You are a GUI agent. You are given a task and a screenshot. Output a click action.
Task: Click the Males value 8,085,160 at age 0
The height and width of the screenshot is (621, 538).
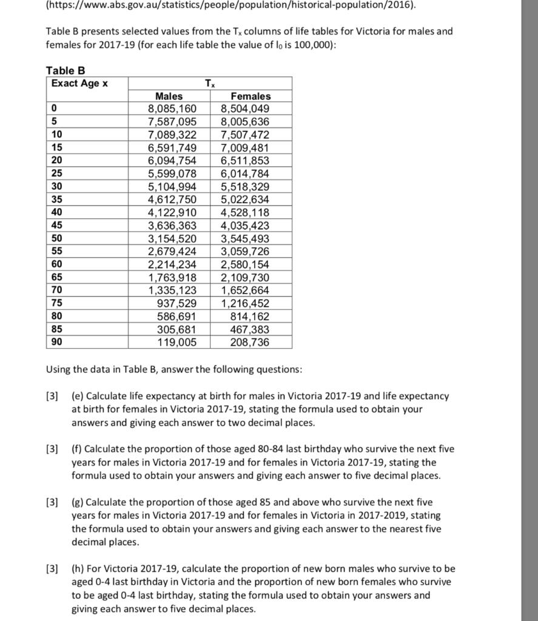[x=172, y=109]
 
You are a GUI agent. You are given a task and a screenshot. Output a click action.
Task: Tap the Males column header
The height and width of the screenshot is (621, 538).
[x=169, y=96]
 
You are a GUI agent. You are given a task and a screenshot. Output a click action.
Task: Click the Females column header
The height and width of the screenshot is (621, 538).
[x=251, y=96]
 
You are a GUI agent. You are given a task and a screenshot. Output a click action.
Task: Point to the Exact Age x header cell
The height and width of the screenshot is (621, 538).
[x=79, y=83]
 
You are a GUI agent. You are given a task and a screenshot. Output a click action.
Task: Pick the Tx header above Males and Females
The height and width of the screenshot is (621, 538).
[x=209, y=83]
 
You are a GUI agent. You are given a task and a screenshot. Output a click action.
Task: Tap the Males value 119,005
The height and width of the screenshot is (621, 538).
[x=177, y=342]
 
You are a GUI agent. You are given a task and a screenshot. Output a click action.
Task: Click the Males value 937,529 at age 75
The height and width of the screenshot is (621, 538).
[x=177, y=303]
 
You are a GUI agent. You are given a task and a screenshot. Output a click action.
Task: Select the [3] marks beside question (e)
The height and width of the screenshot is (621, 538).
[x=53, y=396]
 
